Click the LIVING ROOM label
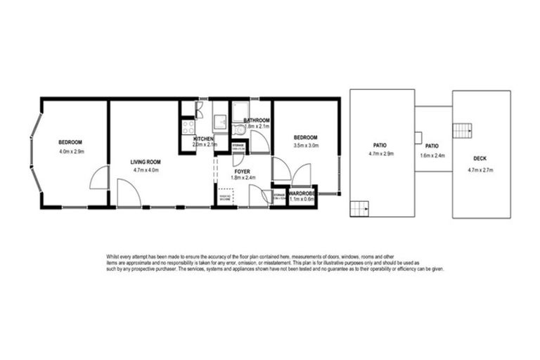(146, 162)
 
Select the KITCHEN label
(203, 139)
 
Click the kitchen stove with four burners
(188, 127)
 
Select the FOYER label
(242, 170)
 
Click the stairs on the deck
(462, 131)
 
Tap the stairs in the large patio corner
(359, 209)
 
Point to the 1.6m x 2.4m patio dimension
(434, 155)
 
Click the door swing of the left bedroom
(99, 179)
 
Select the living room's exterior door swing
(128, 193)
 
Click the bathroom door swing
(259, 142)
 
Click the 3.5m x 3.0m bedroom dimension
(306, 146)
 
